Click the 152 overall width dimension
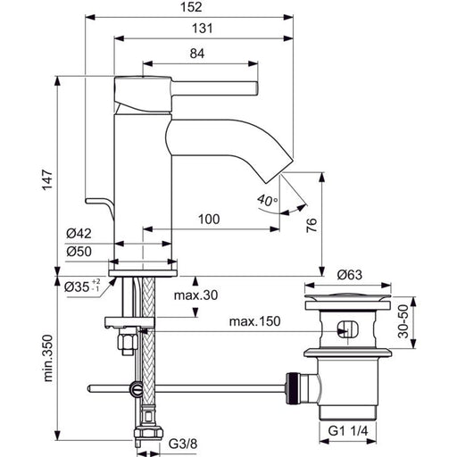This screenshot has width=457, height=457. pos(191,7)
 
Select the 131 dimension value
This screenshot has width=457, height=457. pos(203,29)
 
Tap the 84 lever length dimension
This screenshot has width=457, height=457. pos(197,54)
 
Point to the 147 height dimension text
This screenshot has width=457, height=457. pos(47,179)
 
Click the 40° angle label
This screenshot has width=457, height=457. pos(267,201)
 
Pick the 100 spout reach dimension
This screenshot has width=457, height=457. pos(209,220)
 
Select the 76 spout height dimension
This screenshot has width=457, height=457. pos(312,225)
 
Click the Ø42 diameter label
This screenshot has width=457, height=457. pos(79,234)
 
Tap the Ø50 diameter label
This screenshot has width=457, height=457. pos(79,252)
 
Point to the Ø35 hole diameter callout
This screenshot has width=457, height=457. pos(82,287)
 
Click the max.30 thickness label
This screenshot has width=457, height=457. pos(195,295)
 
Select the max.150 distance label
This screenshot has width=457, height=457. pos(254,321)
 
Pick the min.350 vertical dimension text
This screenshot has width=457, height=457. pos(47,358)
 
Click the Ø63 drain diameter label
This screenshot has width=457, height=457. pos(350,275)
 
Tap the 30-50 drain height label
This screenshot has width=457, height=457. pos(403,321)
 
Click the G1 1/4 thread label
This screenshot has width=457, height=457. pos(348,431)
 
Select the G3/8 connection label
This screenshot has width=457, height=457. pos(183,445)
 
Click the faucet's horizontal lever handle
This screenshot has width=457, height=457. pos(214,88)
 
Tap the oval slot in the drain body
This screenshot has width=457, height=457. pos(348,328)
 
